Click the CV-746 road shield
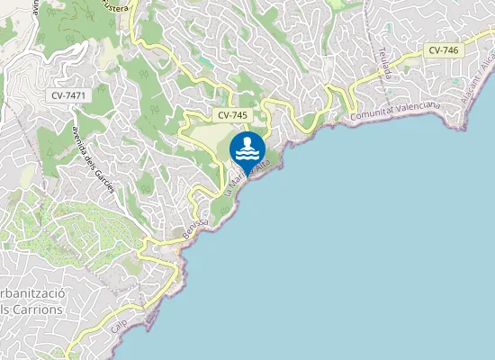tap(444, 50)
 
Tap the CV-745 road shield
tap(232, 116)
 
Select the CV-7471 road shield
tap(68, 94)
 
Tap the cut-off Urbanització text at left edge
tap(31, 294)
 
